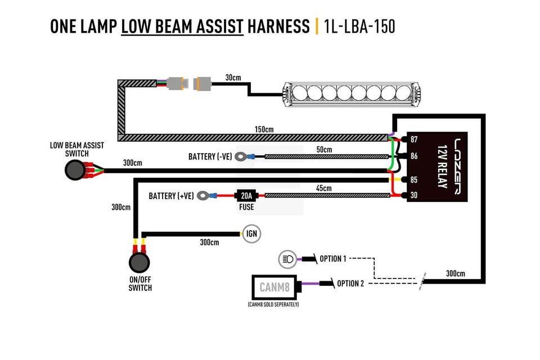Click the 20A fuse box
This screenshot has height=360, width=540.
(246, 196)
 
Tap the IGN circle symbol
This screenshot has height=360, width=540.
(252, 233)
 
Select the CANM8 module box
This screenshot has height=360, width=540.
(274, 287)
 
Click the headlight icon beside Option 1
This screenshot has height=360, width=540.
(287, 259)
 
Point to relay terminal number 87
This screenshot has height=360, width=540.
(414, 139)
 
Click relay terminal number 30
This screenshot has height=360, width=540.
(414, 195)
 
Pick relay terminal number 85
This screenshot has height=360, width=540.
(414, 180)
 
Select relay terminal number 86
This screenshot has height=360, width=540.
(414, 156)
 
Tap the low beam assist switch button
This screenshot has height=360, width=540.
(75, 170)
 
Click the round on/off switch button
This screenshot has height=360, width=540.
(139, 263)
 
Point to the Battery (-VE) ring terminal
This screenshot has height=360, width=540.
(240, 157)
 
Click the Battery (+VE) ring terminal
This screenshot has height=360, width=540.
(203, 196)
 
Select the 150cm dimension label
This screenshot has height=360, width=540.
(264, 129)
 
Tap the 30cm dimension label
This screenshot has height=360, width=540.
(233, 78)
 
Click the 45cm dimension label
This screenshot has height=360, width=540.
(324, 188)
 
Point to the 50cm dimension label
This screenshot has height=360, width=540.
(324, 150)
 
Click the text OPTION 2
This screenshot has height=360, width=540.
(350, 283)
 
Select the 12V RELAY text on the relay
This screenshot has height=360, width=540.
(442, 166)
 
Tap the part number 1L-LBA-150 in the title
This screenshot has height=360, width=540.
(359, 26)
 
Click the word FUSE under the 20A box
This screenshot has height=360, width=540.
(246, 207)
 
